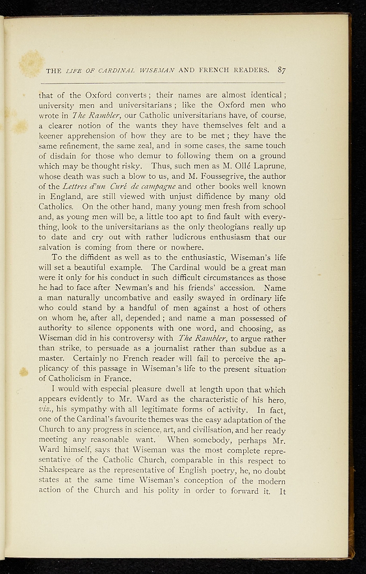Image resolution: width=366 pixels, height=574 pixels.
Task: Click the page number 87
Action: coord(281,71)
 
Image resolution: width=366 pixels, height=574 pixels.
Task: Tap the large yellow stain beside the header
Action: coord(31,63)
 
